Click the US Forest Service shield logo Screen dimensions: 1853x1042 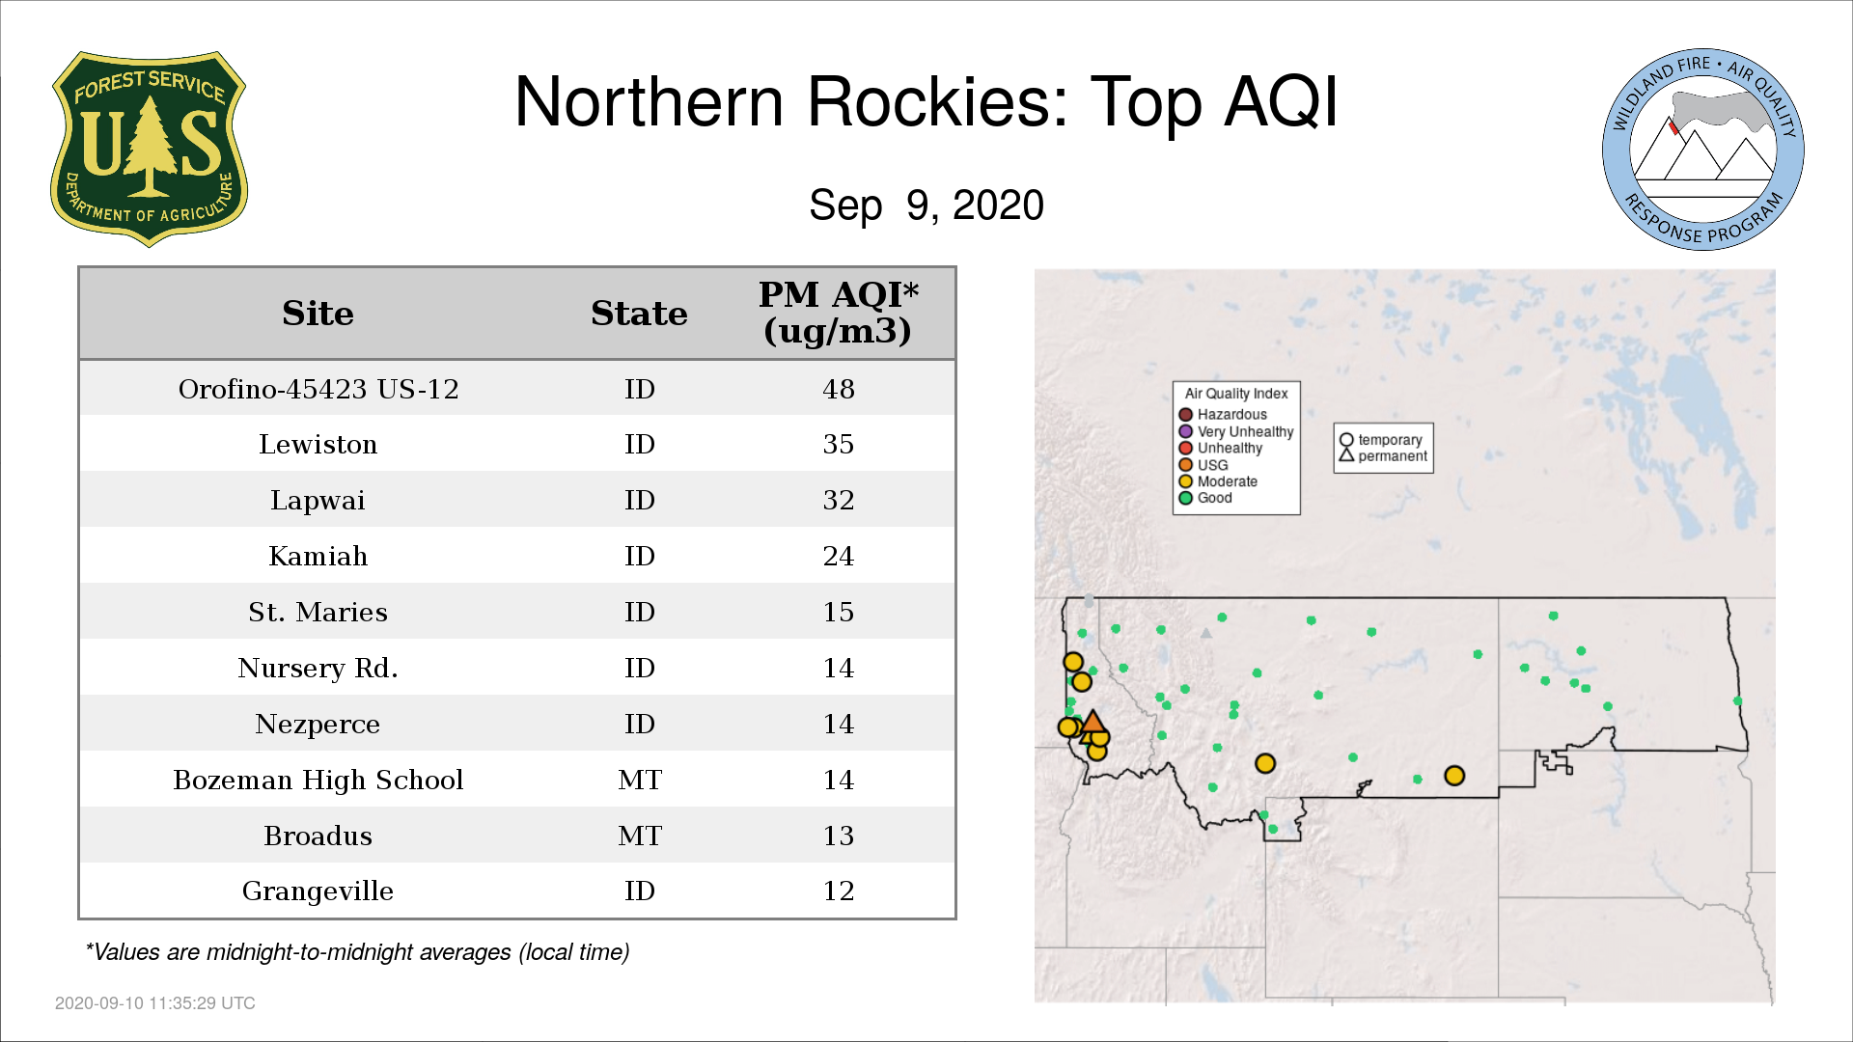[x=149, y=150]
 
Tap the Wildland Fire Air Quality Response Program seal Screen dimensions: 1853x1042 [x=1702, y=150]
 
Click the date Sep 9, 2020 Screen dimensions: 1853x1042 [x=926, y=206]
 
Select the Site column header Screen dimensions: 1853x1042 [x=318, y=314]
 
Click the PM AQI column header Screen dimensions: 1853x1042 [x=838, y=313]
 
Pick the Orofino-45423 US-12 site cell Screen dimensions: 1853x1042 [x=318, y=389]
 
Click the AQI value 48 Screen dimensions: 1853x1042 [x=839, y=389]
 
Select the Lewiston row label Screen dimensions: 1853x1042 [x=318, y=445]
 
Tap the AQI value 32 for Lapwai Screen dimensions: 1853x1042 [x=839, y=500]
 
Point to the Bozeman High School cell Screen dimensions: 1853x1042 [x=318, y=780]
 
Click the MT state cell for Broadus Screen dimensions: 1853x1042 [x=640, y=836]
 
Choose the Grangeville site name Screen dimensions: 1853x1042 [x=318, y=891]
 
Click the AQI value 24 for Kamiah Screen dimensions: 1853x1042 [x=839, y=556]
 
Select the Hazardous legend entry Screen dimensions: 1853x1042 [x=1223, y=415]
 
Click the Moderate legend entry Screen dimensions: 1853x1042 [x=1218, y=481]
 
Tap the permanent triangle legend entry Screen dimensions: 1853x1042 [x=1383, y=456]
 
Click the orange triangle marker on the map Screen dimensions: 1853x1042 [x=1092, y=722]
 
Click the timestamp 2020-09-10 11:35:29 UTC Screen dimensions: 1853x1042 [x=155, y=1003]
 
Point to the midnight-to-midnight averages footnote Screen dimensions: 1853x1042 [x=357, y=952]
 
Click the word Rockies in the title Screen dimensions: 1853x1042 [x=937, y=101]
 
